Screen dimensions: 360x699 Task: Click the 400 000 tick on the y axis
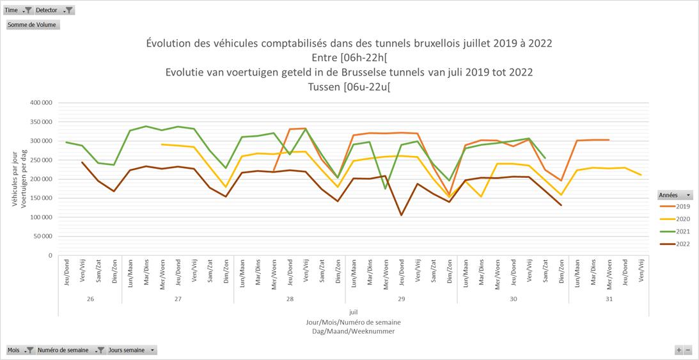[41, 102]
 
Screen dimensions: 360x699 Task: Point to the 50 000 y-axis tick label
[42, 237]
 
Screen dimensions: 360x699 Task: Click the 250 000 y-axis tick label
[41, 160]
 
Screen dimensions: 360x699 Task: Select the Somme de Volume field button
[33, 25]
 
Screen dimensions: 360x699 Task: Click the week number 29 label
[402, 299]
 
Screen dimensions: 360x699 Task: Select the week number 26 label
[90, 299]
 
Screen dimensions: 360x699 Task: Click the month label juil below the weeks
[354, 312]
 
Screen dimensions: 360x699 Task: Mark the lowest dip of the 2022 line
[402, 215]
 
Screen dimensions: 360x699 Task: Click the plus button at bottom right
[679, 350]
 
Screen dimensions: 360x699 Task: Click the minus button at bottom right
[688, 350]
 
